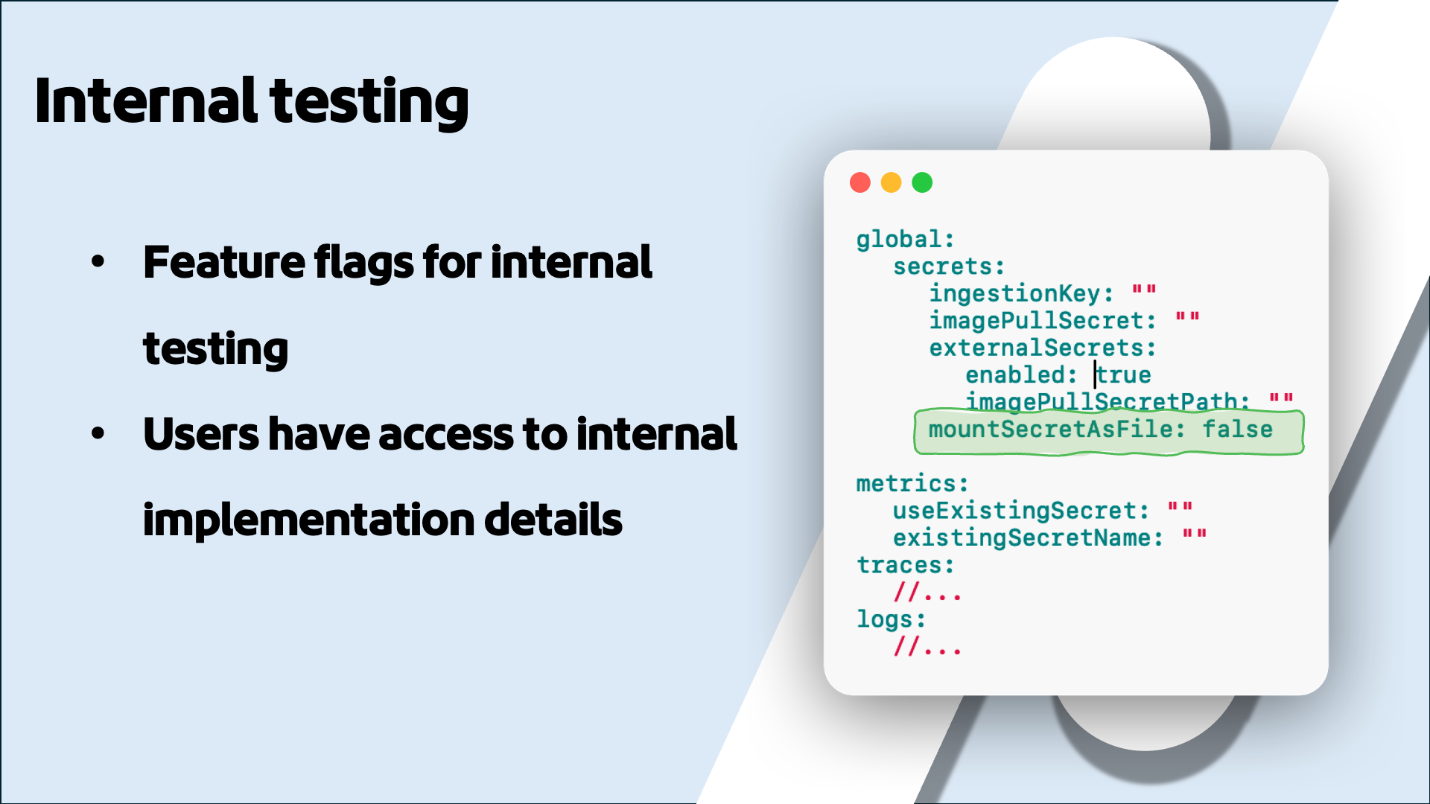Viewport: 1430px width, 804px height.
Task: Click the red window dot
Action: tap(860, 182)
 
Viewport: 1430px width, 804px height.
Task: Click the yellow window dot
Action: tap(891, 182)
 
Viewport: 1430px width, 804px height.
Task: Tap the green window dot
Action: tap(922, 182)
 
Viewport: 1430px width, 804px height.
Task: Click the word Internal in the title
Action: tap(146, 101)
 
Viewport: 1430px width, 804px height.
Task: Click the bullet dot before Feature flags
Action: tap(98, 262)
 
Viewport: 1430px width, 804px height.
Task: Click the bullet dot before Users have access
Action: tap(98, 434)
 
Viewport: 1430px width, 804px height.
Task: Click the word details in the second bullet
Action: tap(553, 520)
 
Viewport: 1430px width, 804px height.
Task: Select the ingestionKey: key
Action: tap(1020, 293)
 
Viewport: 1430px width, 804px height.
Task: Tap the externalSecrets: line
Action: tap(1042, 348)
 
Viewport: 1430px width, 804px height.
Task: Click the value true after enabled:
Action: tap(1124, 374)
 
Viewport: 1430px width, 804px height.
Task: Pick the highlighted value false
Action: tap(1237, 430)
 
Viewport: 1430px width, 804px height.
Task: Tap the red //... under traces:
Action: tap(927, 593)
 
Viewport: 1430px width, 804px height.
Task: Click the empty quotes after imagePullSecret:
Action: tap(1187, 319)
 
